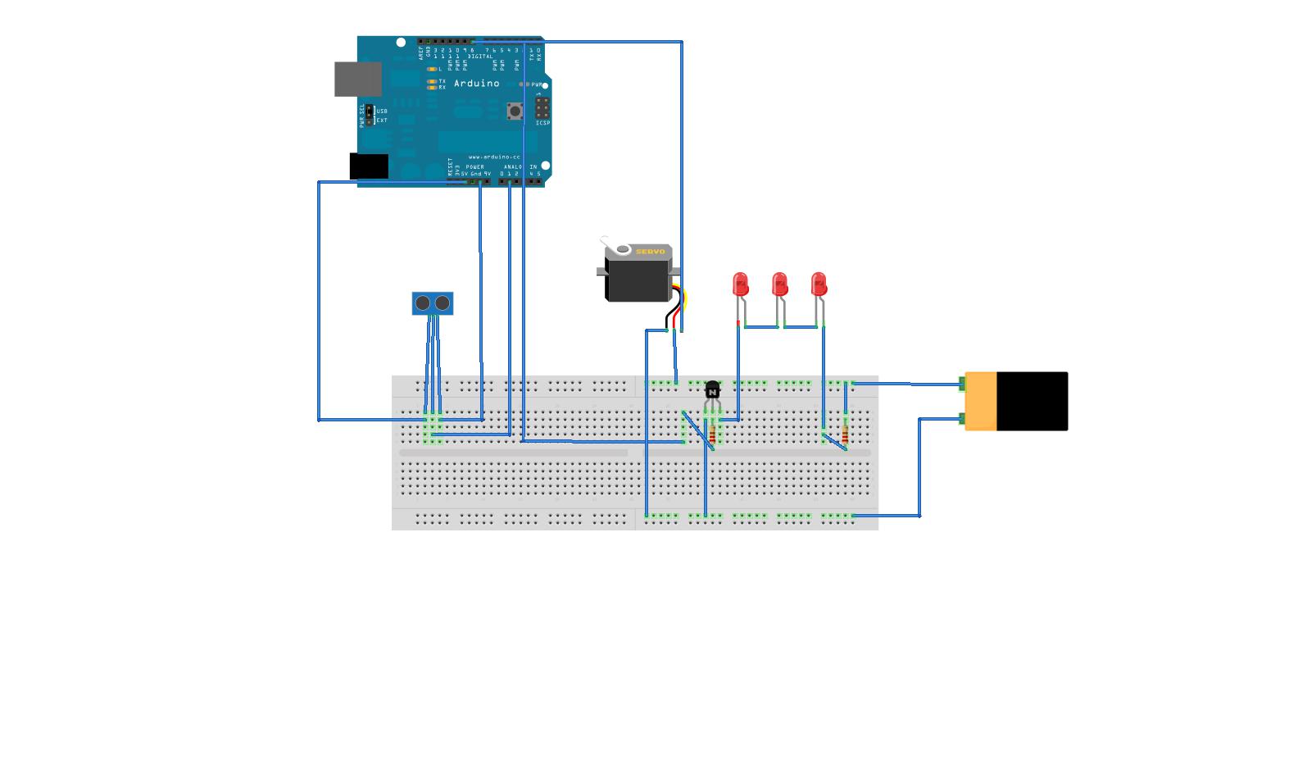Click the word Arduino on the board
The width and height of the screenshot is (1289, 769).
(476, 84)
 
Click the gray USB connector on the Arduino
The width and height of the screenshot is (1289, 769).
(358, 79)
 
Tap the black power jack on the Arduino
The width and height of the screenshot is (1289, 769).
(369, 166)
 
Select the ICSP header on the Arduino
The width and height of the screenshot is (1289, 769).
(542, 108)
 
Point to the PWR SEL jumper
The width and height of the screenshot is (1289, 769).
(370, 115)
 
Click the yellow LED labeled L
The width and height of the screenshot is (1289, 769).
(432, 70)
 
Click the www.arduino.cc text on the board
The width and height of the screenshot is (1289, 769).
(494, 157)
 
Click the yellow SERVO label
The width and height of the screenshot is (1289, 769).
(651, 252)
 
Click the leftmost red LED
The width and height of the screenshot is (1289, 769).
(741, 284)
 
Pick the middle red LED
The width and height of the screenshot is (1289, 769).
(780, 284)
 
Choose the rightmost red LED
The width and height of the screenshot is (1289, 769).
(819, 284)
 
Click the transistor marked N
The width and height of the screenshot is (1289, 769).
(712, 390)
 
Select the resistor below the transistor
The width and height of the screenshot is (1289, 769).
(712, 435)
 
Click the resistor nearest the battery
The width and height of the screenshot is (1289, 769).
(845, 435)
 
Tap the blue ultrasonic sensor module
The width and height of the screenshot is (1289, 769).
(433, 303)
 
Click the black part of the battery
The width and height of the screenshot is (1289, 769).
(1032, 401)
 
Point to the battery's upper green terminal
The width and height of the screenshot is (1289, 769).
(962, 383)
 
